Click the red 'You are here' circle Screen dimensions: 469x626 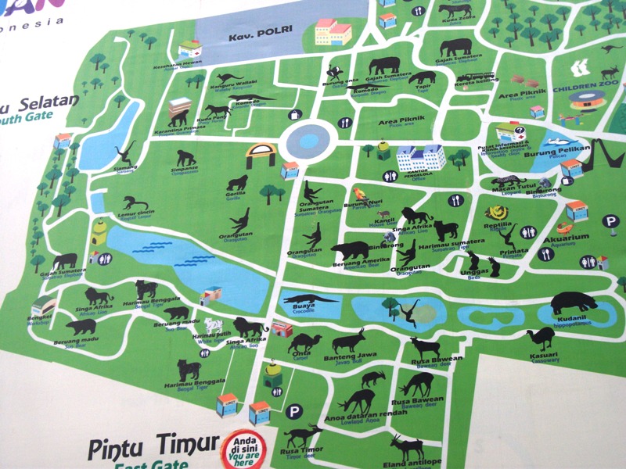243,449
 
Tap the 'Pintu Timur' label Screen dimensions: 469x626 153,448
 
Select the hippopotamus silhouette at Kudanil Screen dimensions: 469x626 576,303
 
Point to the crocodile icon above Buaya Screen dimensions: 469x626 308,298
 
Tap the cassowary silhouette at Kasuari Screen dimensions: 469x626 540,338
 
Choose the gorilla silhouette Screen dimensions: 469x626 236,184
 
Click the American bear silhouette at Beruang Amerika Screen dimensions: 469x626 349,251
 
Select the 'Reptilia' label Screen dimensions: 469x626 498,224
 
